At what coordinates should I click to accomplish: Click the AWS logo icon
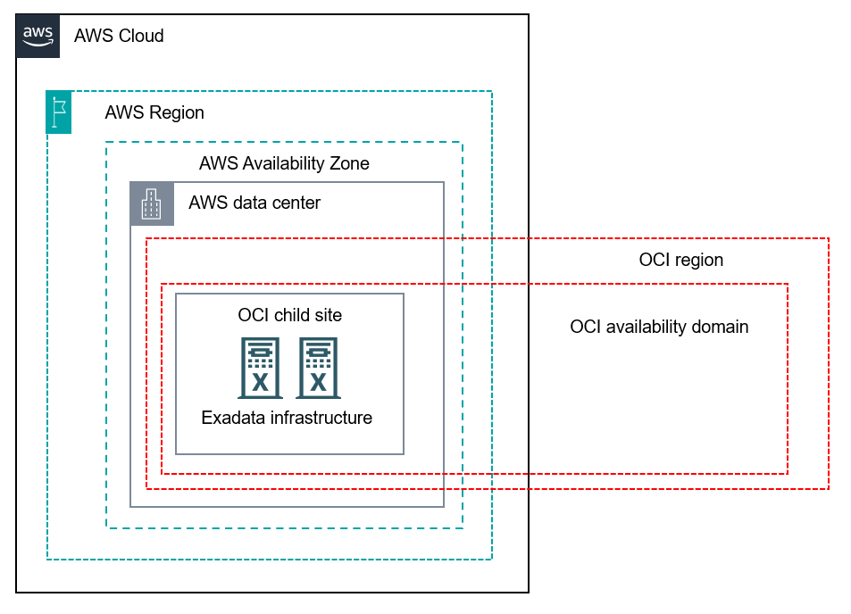point(38,36)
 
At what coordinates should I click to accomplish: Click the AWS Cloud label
point(119,36)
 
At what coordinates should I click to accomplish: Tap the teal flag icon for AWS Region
point(59,112)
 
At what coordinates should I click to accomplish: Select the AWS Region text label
point(154,112)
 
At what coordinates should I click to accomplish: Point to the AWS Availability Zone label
point(284,163)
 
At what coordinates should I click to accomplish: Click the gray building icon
point(152,203)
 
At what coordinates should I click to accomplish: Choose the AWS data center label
point(254,203)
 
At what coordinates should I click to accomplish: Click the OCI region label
point(680,260)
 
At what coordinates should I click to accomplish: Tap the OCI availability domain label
point(659,327)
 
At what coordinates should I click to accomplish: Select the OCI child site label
point(289,315)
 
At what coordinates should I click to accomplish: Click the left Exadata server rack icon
point(260,367)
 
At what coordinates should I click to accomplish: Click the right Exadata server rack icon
point(318,367)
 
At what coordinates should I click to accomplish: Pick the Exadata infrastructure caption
point(287,418)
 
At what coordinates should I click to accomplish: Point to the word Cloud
point(141,36)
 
